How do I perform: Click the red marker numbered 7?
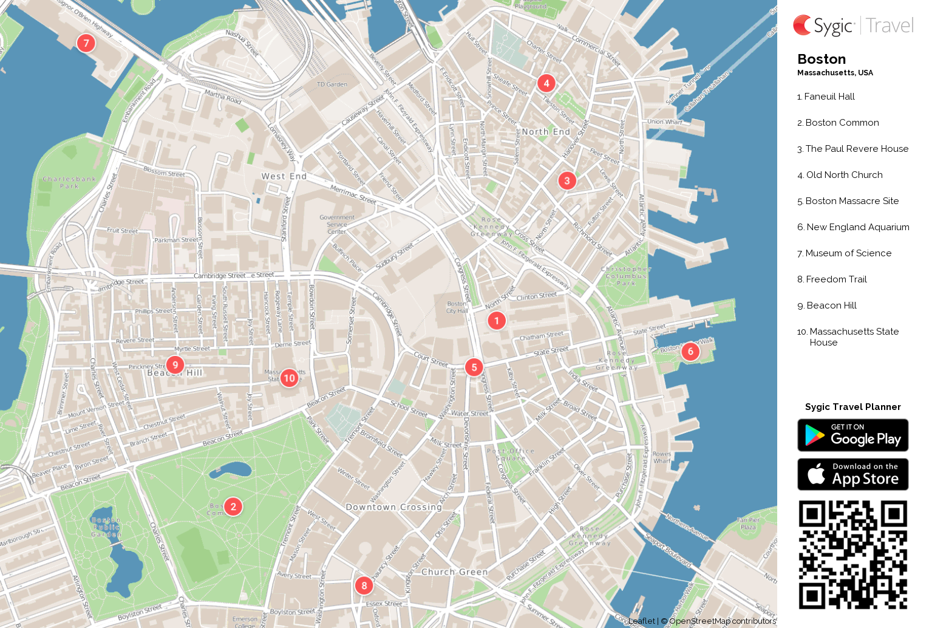86,43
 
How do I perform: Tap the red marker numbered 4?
546,83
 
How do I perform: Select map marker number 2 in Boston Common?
233,507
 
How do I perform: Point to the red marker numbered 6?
690,352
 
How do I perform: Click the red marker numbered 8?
364,585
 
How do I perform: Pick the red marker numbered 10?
290,378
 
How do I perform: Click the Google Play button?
852,435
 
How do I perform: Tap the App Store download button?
852,474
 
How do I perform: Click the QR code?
852,555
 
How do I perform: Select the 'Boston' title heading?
822,60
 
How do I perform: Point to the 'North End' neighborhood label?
546,132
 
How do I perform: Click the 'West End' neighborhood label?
284,176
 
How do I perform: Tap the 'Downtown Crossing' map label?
393,507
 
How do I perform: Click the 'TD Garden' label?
332,84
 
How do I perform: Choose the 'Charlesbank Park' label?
69,183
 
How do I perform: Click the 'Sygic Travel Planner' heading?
852,407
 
